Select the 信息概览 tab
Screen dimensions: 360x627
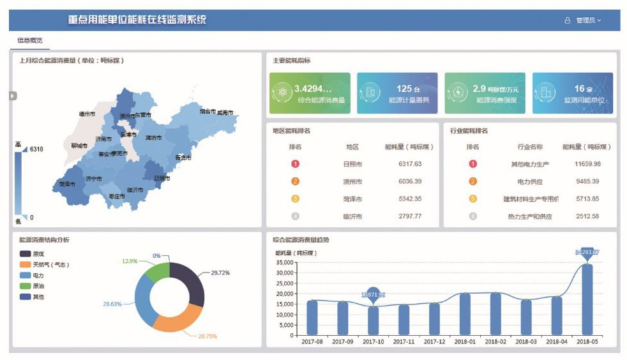click(x=30, y=40)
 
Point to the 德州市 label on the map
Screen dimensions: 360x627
click(x=87, y=114)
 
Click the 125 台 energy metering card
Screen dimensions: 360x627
click(x=397, y=93)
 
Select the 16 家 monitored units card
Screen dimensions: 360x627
click(x=572, y=93)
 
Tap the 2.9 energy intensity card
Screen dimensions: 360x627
click(x=485, y=93)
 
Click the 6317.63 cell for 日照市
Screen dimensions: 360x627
click(x=409, y=164)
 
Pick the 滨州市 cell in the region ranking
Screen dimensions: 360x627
click(x=352, y=181)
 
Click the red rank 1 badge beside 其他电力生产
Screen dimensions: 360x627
click(x=473, y=164)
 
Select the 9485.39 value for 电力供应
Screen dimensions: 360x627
click(x=587, y=181)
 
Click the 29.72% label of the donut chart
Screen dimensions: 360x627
click(x=220, y=273)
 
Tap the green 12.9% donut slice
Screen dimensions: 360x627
click(x=157, y=273)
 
